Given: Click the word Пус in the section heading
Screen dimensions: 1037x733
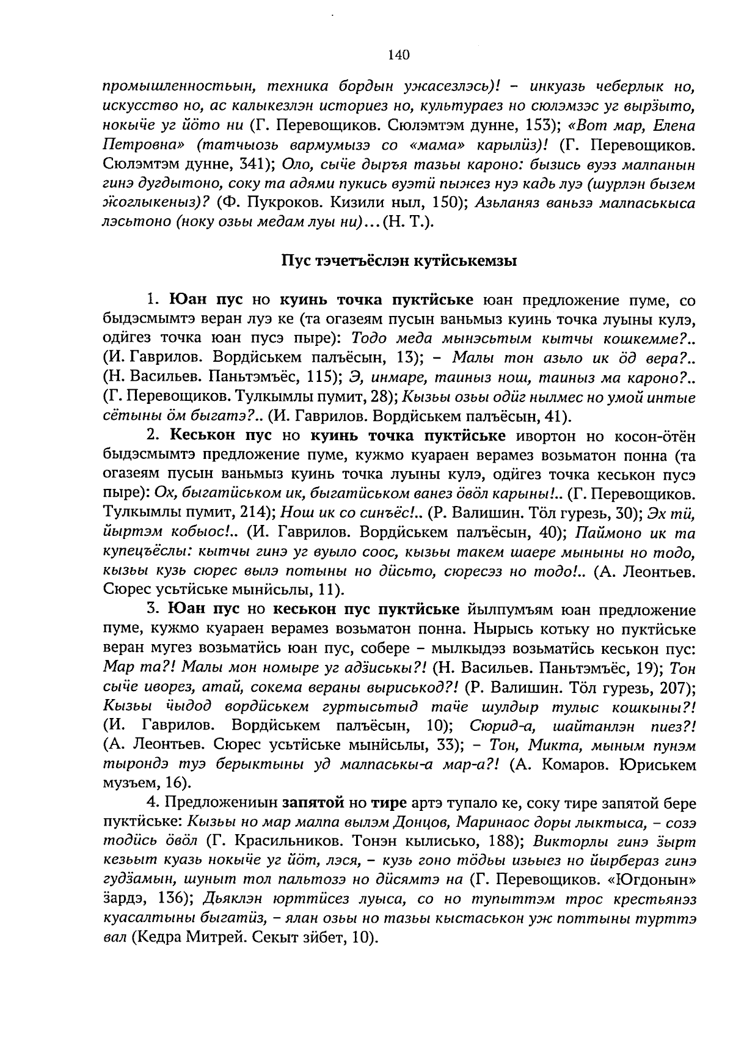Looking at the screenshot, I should coord(293,262).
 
